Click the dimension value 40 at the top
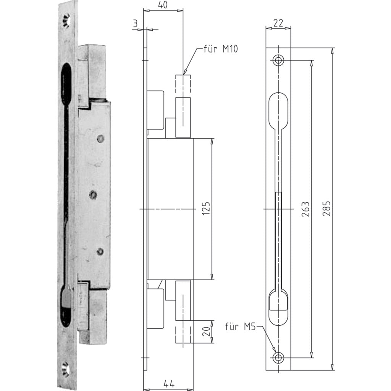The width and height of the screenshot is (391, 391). click(163, 5)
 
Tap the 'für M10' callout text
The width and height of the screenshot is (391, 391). click(220, 48)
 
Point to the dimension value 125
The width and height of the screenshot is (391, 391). click(206, 208)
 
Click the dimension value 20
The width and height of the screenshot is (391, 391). click(206, 332)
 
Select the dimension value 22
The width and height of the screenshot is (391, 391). click(278, 23)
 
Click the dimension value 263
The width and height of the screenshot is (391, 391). click(306, 209)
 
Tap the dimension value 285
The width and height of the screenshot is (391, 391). click(327, 208)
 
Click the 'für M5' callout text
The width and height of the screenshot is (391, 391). click(241, 326)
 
